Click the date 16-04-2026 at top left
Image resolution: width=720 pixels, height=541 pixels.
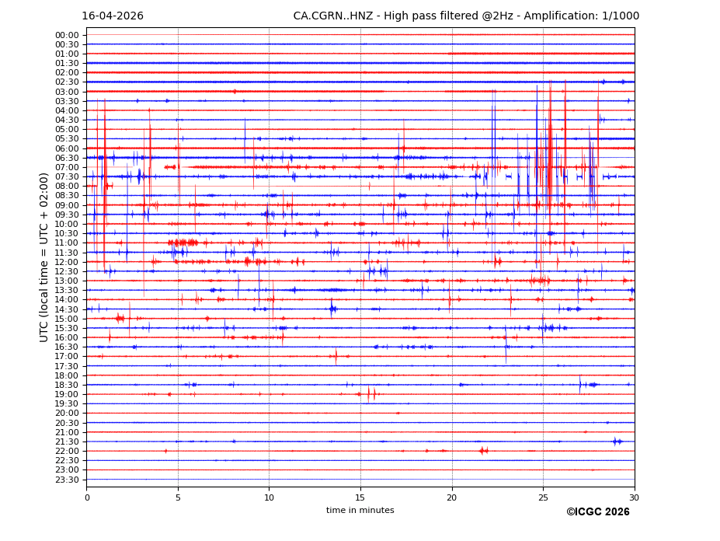pos(113,16)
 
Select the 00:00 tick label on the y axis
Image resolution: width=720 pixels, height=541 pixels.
pos(67,35)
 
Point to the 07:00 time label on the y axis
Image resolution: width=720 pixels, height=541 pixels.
pos(67,167)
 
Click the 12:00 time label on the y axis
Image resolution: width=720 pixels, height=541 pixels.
pos(67,262)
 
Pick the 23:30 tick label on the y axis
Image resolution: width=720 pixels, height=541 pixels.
pos(67,480)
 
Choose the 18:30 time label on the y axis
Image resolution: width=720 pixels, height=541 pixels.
pos(67,385)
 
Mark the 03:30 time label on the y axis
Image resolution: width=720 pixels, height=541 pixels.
pos(67,101)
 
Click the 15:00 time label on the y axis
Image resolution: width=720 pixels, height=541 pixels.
pos(67,319)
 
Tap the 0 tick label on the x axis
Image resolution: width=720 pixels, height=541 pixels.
pos(87,497)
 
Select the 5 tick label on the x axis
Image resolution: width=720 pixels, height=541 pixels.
pos(178,497)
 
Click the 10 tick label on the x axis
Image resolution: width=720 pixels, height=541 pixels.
pos(269,497)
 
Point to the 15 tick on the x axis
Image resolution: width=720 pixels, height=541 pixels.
pos(360,497)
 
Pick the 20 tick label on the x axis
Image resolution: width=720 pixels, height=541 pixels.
pos(452,497)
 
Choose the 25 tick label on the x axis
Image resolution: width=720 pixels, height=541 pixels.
pos(543,497)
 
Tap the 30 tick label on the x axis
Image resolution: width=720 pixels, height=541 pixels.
pos(635,497)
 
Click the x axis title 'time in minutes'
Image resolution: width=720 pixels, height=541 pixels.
pos(360,511)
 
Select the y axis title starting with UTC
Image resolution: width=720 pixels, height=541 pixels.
pos(44,257)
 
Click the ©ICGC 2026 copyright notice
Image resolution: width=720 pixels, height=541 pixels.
pos(597,512)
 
